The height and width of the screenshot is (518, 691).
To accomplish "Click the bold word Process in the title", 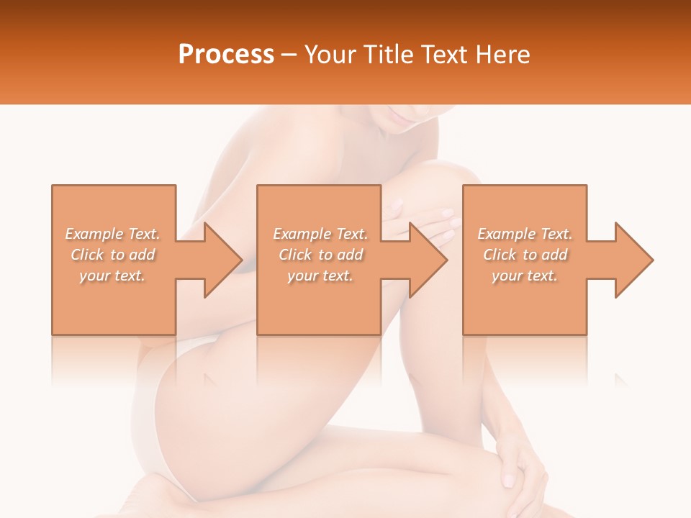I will pyautogui.click(x=226, y=55).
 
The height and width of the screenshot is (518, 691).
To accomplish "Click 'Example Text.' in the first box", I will pyautogui.click(x=112, y=234).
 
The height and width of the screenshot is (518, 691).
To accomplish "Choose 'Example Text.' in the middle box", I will pyautogui.click(x=320, y=234).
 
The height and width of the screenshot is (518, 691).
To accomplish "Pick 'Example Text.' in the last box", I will pyautogui.click(x=525, y=234).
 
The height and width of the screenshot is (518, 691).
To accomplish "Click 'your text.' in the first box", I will pyautogui.click(x=112, y=276).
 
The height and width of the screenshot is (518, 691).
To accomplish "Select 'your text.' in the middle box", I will pyautogui.click(x=320, y=276).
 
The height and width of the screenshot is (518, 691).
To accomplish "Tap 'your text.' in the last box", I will pyautogui.click(x=525, y=276).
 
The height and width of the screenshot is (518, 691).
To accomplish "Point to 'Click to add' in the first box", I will pyautogui.click(x=112, y=255).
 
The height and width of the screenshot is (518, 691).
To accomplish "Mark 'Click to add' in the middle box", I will pyautogui.click(x=320, y=255).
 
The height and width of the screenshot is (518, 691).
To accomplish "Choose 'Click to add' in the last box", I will pyautogui.click(x=525, y=255).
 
